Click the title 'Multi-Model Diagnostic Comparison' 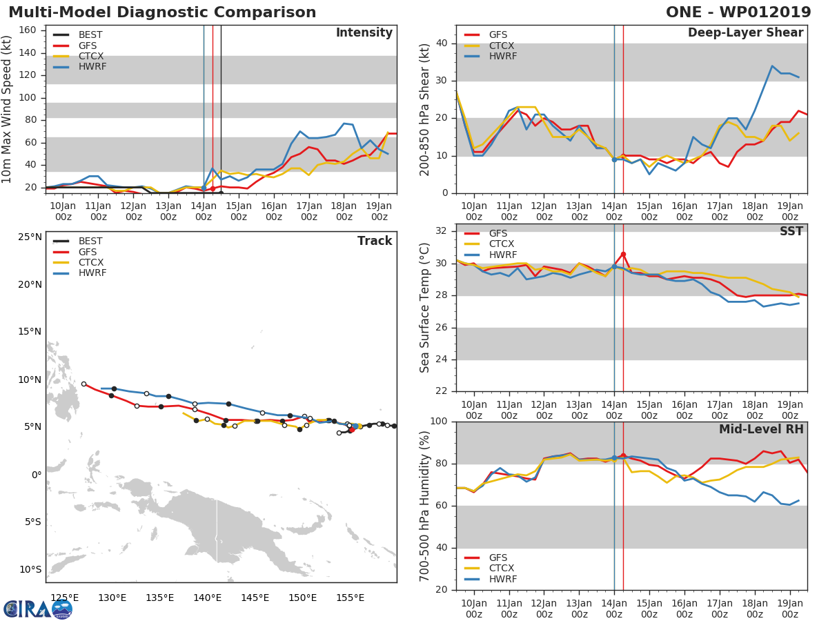click(162, 12)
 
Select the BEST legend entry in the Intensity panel click(90, 34)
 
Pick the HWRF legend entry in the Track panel click(92, 273)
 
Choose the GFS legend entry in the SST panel click(497, 233)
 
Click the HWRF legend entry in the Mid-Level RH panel click(502, 579)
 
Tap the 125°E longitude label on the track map click(64, 597)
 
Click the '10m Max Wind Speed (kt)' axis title click(8, 110)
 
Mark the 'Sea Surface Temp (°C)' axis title click(425, 308)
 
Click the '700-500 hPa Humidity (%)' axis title click(425, 506)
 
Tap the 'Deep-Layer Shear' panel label click(745, 33)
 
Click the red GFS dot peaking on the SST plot click(623, 255)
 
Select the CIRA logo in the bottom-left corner click(38, 609)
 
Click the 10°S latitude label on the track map click(29, 569)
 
